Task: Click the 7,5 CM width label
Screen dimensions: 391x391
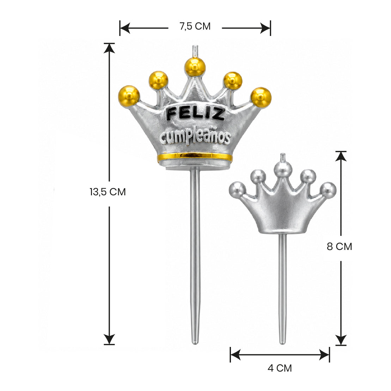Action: click(195, 26)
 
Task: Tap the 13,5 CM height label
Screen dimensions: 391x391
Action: click(108, 192)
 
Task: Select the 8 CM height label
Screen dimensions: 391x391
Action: click(340, 246)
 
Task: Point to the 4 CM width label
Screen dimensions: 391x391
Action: click(280, 368)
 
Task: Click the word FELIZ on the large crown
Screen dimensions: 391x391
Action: click(195, 114)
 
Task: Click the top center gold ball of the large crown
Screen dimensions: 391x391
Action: click(195, 67)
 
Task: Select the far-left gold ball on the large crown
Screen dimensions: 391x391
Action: click(129, 96)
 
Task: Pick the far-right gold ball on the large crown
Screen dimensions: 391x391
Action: click(261, 97)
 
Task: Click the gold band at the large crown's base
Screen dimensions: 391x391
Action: click(195, 157)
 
